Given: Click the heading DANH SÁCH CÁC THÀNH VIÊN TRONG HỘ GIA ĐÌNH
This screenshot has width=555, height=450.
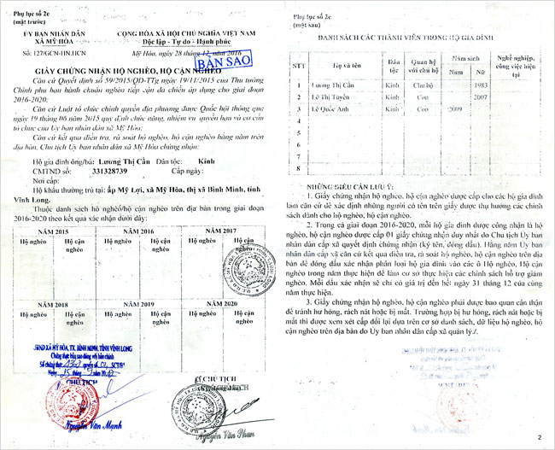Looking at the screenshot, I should (x=407, y=39).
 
